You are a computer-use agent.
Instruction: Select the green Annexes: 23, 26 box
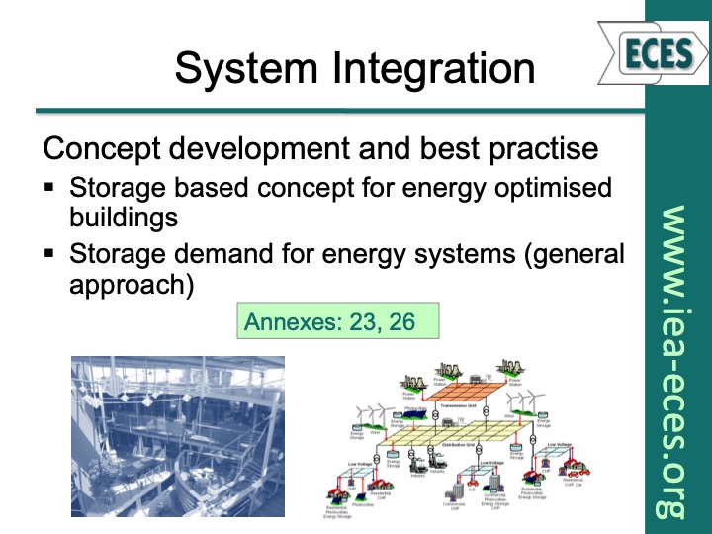pos(336,320)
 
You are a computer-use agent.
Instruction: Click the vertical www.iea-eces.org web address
pos(672,361)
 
